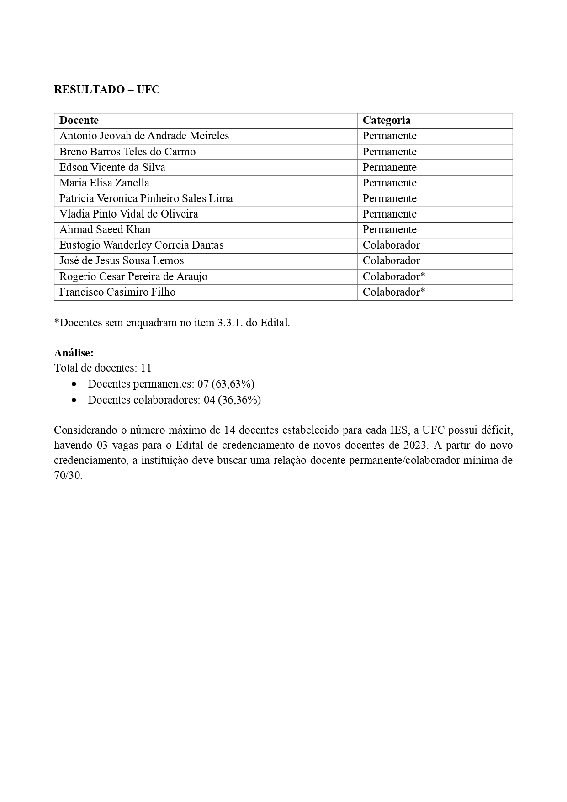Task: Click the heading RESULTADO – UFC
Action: coord(106,90)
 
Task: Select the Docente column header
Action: coord(79,120)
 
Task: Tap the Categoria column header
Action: coord(387,120)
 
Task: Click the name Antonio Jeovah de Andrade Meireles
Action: coord(144,136)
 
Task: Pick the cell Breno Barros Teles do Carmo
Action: coord(127,152)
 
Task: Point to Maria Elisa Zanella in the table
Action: coord(104,183)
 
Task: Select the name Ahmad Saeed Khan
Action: coord(105,229)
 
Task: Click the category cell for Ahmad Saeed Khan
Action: coord(389,229)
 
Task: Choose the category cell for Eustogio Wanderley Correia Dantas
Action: coord(391,245)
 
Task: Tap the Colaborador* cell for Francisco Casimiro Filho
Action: coord(394,292)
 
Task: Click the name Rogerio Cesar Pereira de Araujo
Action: coord(133,276)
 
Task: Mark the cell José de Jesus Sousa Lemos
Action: coord(122,260)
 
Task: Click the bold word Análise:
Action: coord(74,353)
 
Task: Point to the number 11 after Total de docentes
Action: coord(146,368)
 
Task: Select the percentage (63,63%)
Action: coord(233,384)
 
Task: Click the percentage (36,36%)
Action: coord(239,400)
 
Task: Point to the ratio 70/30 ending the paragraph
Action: coord(68,475)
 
